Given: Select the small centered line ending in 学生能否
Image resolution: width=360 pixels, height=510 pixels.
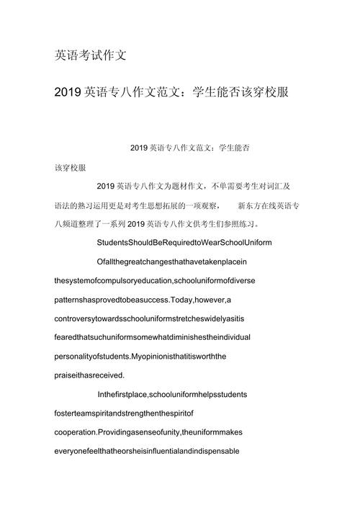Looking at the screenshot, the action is [x=190, y=148].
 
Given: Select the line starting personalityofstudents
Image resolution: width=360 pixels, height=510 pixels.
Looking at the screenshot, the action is [x=140, y=356].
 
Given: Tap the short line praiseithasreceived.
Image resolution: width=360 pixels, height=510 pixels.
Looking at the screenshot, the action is [x=89, y=375].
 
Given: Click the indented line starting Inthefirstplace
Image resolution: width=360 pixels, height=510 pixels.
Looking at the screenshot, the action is [x=172, y=394].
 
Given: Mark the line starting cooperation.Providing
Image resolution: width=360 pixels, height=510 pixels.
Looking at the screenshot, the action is [x=145, y=432].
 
